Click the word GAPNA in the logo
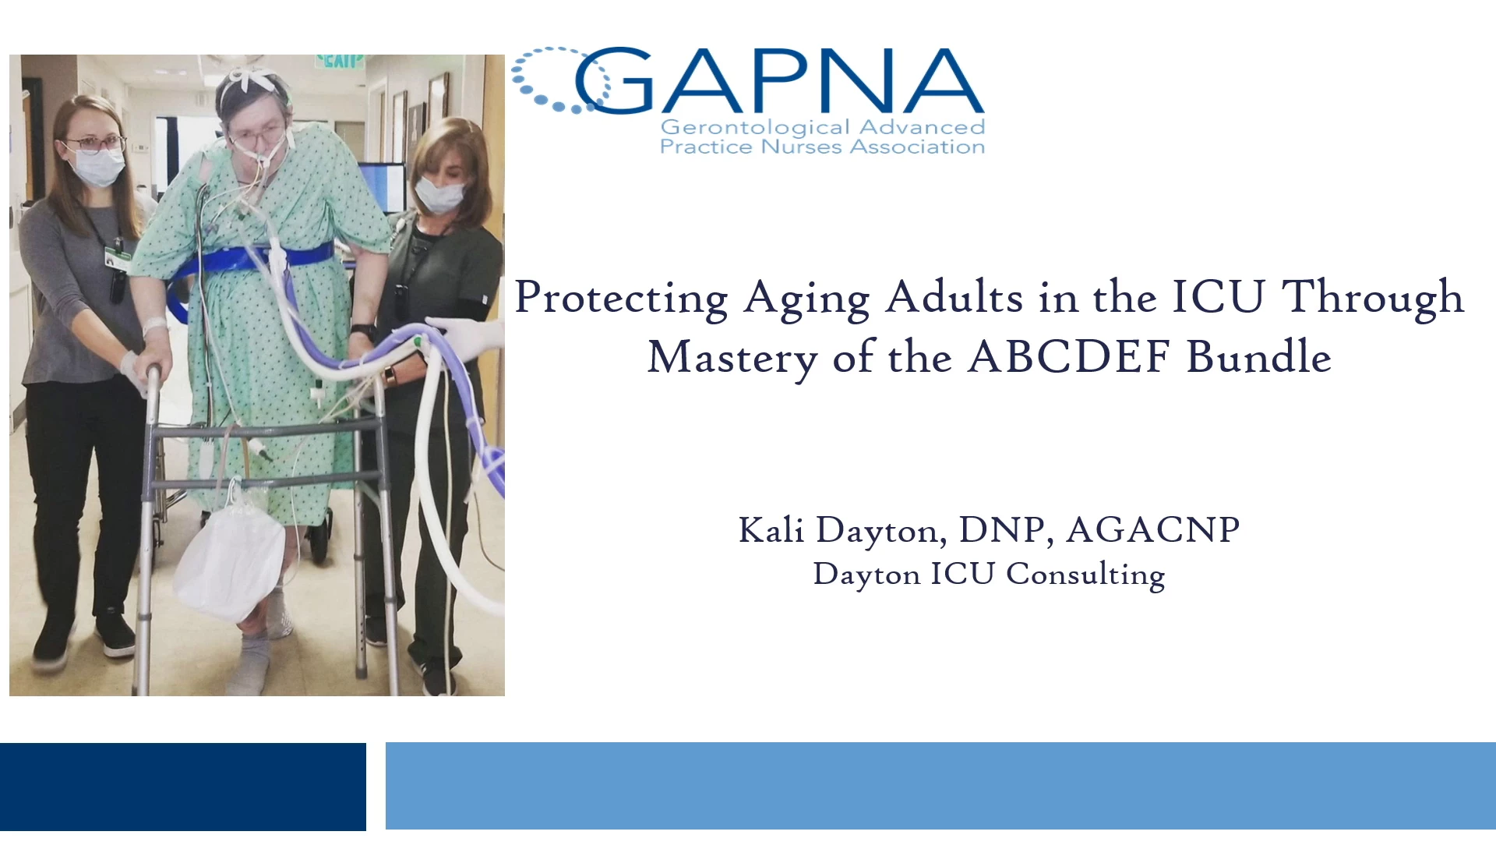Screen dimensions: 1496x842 pos(779,80)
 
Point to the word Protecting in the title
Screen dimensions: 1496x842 pos(622,299)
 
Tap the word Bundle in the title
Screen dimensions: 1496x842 pos(1259,356)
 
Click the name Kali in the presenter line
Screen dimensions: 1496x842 pos(771,530)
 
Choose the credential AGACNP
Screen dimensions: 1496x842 pos(1153,530)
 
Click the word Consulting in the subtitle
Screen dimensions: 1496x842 pos(1085,575)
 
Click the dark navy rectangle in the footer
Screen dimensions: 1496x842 pos(183,787)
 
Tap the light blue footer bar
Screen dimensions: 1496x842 pos(940,786)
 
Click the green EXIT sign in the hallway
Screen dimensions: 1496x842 pos(340,61)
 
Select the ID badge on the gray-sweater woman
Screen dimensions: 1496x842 pos(116,258)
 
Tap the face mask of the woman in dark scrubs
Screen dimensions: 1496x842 pos(439,194)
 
